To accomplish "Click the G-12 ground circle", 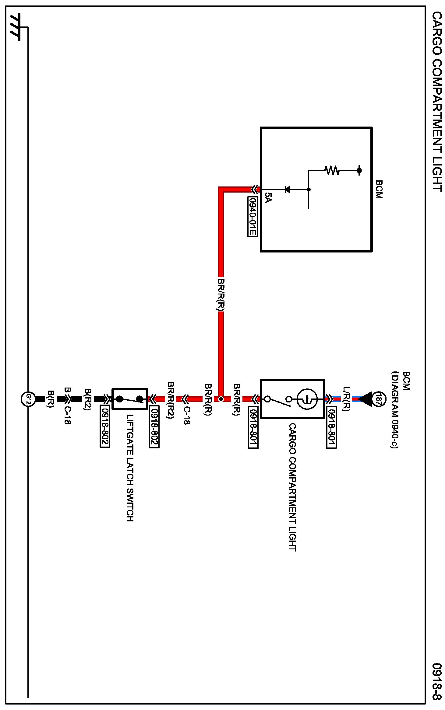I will tap(28, 399).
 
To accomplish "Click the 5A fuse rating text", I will tap(267, 197).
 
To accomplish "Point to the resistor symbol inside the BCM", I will tap(332, 170).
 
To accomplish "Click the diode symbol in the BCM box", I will tap(287, 190).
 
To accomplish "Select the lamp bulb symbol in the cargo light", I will tap(307, 399).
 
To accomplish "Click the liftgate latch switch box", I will tap(130, 399).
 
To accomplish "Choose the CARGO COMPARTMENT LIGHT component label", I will tap(292, 487).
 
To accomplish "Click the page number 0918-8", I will tap(437, 681).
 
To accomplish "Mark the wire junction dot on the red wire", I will tap(221, 399).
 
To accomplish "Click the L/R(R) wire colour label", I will tap(346, 399).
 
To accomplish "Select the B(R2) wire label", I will tap(87, 399).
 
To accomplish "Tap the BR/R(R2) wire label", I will tap(171, 400).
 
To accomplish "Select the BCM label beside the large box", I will tap(379, 189).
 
